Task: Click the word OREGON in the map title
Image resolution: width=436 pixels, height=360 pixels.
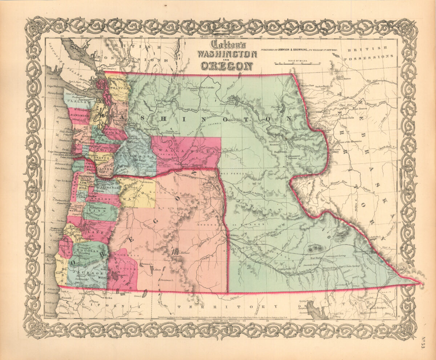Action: click(x=226, y=66)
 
